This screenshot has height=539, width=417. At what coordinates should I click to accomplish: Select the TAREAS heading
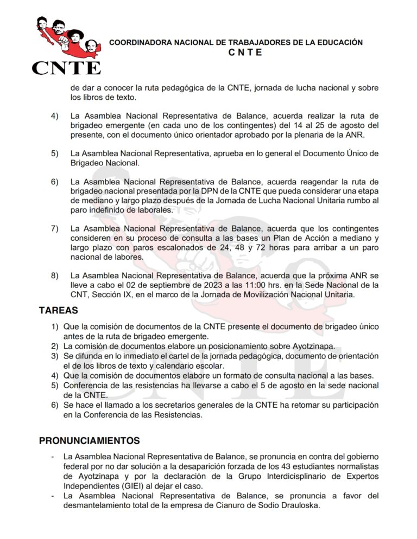pos(58,311)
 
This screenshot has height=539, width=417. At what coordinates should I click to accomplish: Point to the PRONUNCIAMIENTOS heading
pos(89,440)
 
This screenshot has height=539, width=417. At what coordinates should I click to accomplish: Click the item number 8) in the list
pos(55,275)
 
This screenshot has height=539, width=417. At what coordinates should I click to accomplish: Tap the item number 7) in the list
pos(55,229)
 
